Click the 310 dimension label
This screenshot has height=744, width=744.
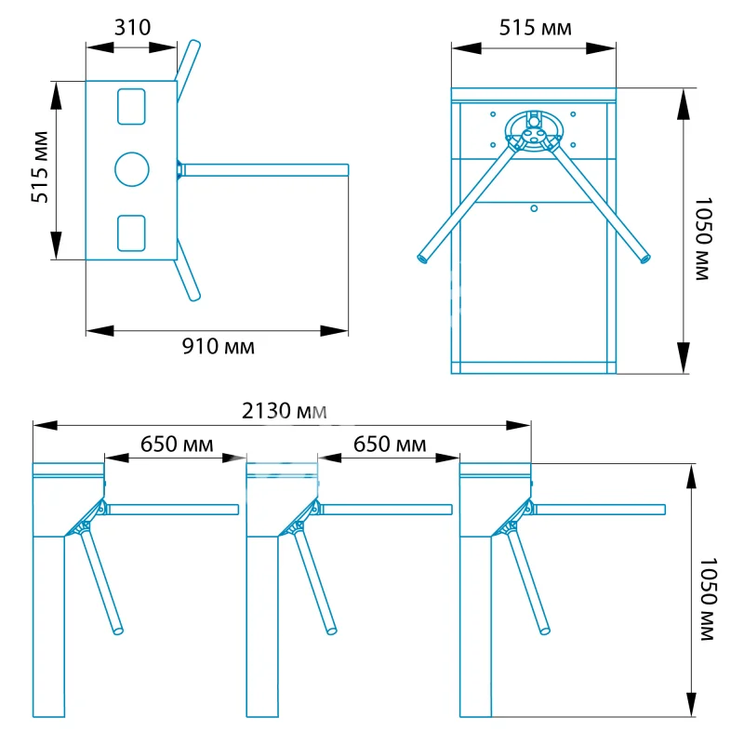(132, 28)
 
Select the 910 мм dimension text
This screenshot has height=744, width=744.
(219, 347)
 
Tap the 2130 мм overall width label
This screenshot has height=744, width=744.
(285, 411)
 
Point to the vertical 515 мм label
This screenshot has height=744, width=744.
(40, 167)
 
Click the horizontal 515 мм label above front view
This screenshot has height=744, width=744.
(536, 28)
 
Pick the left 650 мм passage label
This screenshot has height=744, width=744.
(177, 445)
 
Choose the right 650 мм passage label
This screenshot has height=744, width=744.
(390, 445)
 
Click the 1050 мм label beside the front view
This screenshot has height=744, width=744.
(703, 239)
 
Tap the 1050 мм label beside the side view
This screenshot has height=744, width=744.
(708, 599)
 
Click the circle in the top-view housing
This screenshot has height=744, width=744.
(132, 169)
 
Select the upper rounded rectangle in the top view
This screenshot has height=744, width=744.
(131, 107)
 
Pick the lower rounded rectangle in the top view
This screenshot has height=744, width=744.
(131, 233)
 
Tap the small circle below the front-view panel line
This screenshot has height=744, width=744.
(534, 208)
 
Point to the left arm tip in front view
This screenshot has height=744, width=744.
(422, 259)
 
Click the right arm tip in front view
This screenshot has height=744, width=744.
(645, 259)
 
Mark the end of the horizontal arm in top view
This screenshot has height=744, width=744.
(348, 170)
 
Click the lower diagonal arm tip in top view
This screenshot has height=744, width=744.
(195, 298)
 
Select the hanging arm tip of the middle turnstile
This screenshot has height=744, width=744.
(332, 631)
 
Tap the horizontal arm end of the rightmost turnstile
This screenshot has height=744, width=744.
(664, 510)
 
